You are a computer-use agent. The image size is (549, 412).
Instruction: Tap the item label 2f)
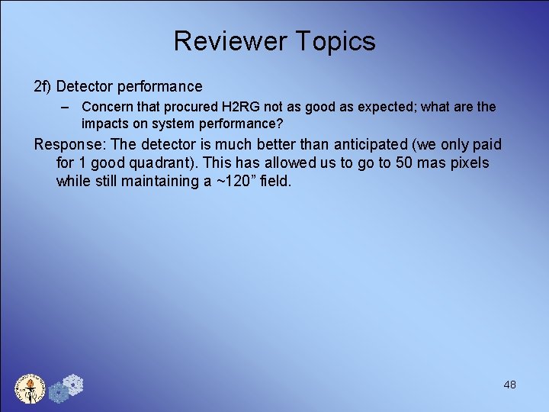point(42,87)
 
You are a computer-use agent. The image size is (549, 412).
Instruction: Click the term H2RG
point(240,108)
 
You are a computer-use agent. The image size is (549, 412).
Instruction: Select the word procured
point(188,108)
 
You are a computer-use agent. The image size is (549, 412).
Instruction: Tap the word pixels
point(466,163)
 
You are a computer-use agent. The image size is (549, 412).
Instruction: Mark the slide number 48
point(509,385)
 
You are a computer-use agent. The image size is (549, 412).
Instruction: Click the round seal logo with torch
point(30,388)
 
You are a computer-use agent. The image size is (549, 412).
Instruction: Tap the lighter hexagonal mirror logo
point(73,385)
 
